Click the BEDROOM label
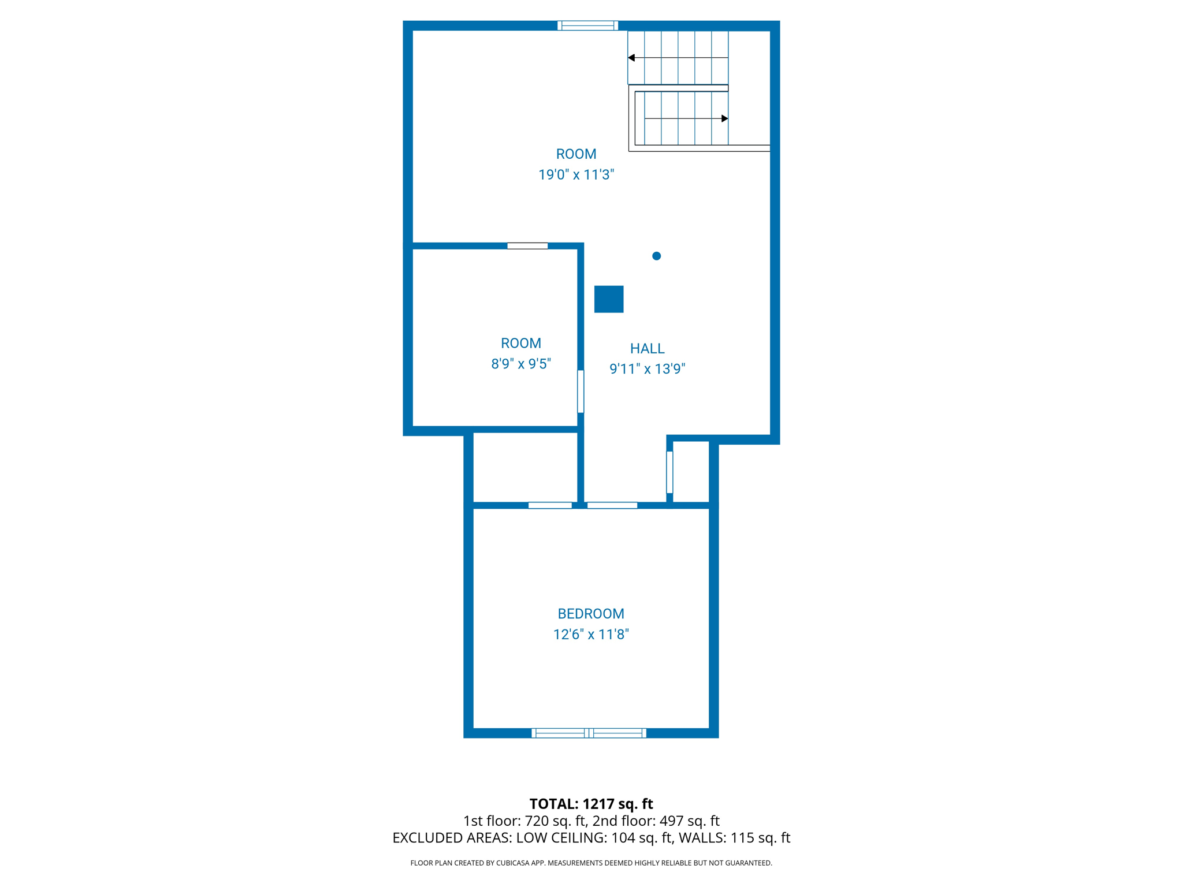click(x=590, y=613)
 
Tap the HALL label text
click(x=647, y=348)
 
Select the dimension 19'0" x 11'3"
click(x=576, y=174)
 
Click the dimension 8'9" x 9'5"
click(x=521, y=364)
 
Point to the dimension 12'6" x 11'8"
click(x=590, y=634)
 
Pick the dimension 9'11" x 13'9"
click(x=647, y=368)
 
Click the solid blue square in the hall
click(x=609, y=299)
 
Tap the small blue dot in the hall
click(x=656, y=256)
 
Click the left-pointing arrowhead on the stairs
click(x=631, y=58)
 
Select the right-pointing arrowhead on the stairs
click(x=724, y=118)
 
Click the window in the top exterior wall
click(x=587, y=25)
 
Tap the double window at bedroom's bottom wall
click(x=589, y=733)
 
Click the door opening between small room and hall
click(x=581, y=392)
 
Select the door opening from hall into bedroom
click(x=612, y=505)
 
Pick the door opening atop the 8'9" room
click(x=527, y=246)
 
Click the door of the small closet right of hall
click(x=669, y=472)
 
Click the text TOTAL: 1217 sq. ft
click(x=591, y=804)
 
